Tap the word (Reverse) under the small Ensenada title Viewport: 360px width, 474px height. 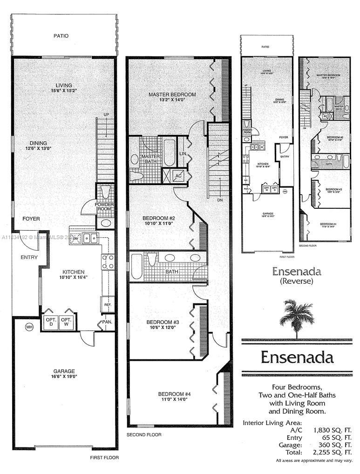click(296, 281)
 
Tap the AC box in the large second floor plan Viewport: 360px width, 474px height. click(177, 175)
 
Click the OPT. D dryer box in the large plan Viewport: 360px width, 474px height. click(50, 322)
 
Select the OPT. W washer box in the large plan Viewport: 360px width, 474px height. click(67, 322)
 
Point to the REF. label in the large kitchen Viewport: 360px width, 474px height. click(107, 304)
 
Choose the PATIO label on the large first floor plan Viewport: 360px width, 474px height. click(61, 36)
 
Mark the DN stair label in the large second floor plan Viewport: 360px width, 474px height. click(218, 200)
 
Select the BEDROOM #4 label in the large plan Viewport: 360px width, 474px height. click(174, 393)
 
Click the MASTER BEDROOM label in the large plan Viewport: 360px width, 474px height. click(172, 95)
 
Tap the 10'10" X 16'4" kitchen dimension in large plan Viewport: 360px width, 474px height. click(74, 278)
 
